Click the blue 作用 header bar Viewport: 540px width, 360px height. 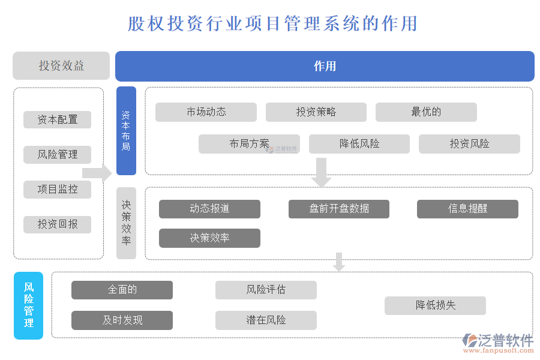[325, 66]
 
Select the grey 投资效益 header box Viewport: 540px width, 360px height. [61, 66]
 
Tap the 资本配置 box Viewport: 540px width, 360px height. [58, 119]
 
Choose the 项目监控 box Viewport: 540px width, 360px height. [58, 189]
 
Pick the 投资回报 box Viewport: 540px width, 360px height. [58, 224]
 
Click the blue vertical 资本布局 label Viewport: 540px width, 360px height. [126, 131]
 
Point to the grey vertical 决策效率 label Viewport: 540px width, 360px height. [126, 223]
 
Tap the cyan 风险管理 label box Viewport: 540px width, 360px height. [29, 305]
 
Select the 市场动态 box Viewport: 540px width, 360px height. [206, 112]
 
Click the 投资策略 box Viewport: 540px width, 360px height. [316, 112]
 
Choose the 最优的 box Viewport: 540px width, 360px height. [426, 112]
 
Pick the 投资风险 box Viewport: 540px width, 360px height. [469, 144]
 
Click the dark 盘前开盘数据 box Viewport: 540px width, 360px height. [339, 209]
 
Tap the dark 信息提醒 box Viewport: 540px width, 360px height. [467, 209]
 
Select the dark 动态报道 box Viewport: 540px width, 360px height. [209, 209]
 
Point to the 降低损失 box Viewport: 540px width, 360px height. [435, 305]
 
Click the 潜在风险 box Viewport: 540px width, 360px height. [266, 320]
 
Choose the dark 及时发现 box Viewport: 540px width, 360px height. [122, 320]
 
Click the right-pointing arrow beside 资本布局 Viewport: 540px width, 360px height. [97, 173]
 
